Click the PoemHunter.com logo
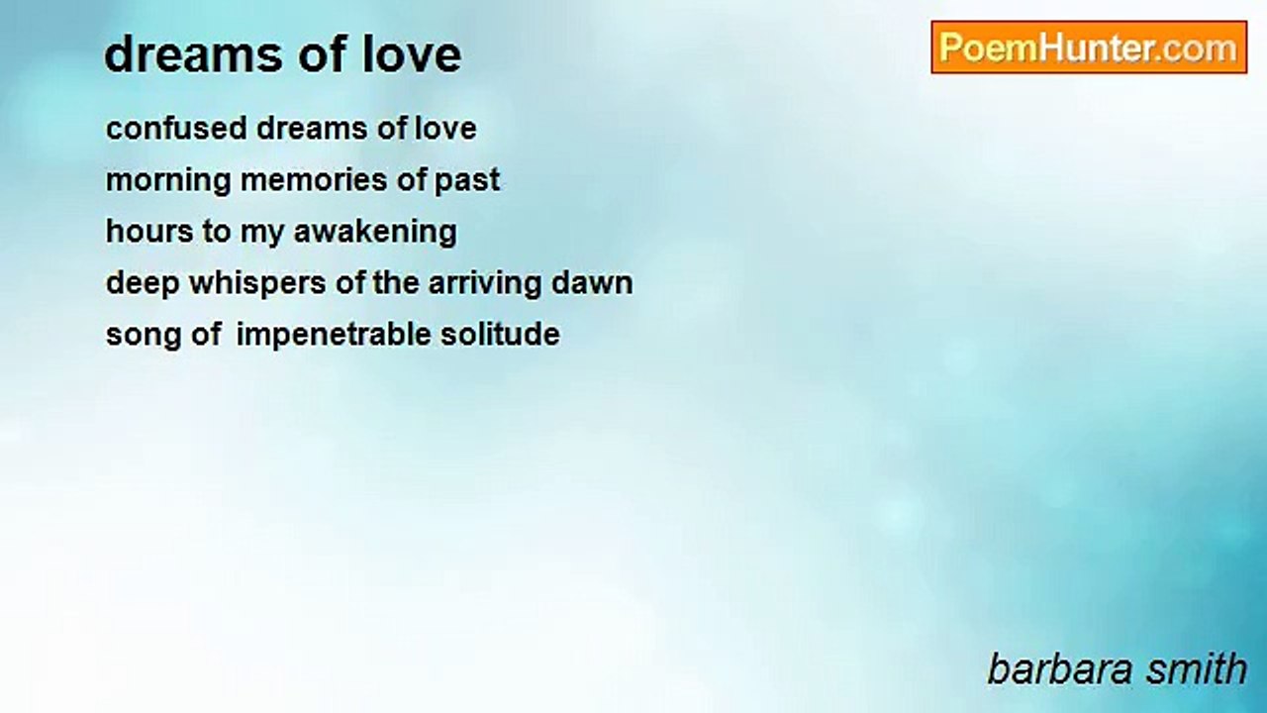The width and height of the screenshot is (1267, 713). click(1089, 48)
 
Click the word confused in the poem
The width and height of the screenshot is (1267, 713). click(176, 128)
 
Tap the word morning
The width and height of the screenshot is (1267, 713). click(168, 181)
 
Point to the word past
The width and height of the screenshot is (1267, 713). click(466, 181)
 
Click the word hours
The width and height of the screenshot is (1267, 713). click(149, 231)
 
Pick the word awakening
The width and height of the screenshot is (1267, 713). click(375, 233)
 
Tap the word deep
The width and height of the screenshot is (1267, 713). click(143, 284)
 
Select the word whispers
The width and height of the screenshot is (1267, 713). click(257, 284)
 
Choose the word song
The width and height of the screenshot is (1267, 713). click(144, 336)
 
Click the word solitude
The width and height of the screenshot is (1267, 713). click(500, 334)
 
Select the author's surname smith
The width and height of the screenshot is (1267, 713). click(1197, 669)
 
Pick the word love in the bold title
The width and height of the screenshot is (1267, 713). click(412, 54)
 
